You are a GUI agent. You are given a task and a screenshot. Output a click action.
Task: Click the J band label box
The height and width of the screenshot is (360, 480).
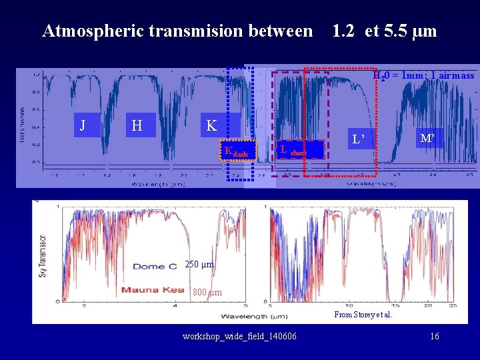click(x=82, y=125)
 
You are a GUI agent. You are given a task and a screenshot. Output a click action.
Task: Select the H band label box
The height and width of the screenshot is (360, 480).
click(x=137, y=125)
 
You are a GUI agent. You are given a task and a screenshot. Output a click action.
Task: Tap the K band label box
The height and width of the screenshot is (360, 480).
click(x=211, y=125)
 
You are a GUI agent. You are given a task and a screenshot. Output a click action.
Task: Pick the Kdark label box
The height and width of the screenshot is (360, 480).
click(x=237, y=152)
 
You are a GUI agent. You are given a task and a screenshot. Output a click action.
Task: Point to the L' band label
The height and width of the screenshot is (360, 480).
click(x=359, y=140)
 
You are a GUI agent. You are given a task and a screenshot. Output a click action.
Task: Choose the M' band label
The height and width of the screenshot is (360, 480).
click(x=427, y=138)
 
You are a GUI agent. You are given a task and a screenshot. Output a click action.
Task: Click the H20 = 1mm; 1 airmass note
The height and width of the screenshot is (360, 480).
click(x=423, y=76)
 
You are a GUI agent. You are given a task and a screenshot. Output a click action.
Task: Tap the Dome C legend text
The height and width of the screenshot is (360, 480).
click(x=155, y=267)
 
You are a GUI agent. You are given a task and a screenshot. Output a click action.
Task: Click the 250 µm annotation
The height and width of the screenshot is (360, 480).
click(x=199, y=265)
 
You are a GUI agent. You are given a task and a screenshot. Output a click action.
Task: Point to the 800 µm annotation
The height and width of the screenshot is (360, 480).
click(x=207, y=292)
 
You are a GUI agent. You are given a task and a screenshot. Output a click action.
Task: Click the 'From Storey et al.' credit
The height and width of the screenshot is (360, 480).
click(x=363, y=315)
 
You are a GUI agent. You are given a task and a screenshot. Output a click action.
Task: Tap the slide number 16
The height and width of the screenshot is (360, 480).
click(x=434, y=336)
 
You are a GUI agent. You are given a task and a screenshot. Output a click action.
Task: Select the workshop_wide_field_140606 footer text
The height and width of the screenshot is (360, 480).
click(x=240, y=336)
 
